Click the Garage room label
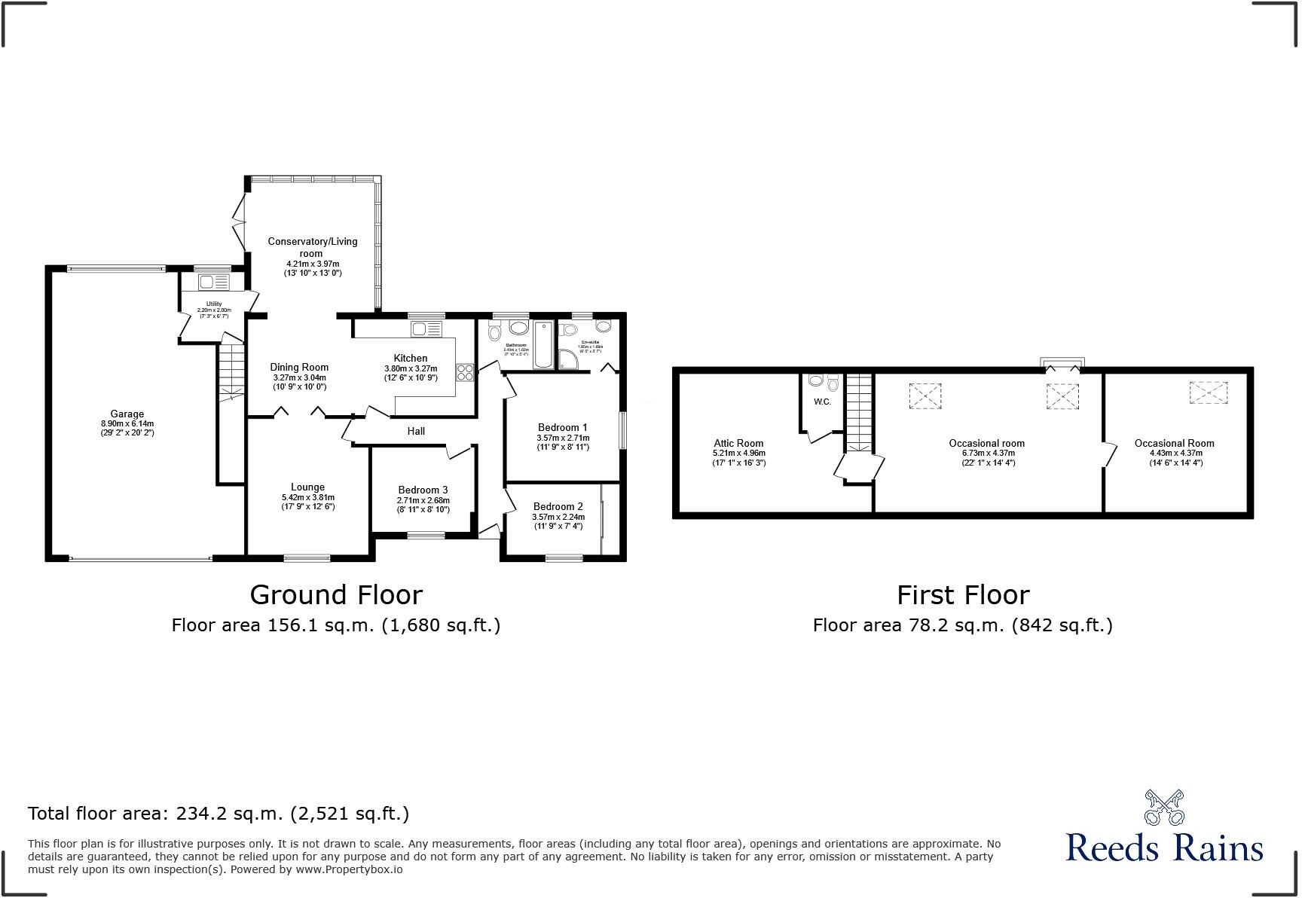127,414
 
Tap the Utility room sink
213,283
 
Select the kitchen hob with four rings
465,372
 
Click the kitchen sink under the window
426,328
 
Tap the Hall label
416,431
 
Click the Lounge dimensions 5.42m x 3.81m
308,497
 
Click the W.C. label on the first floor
822,402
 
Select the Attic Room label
738,444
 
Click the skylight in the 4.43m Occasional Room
1208,392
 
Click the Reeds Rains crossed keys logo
1164,808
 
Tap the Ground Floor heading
336,594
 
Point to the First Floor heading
962,595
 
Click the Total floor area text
219,814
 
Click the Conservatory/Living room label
313,247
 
